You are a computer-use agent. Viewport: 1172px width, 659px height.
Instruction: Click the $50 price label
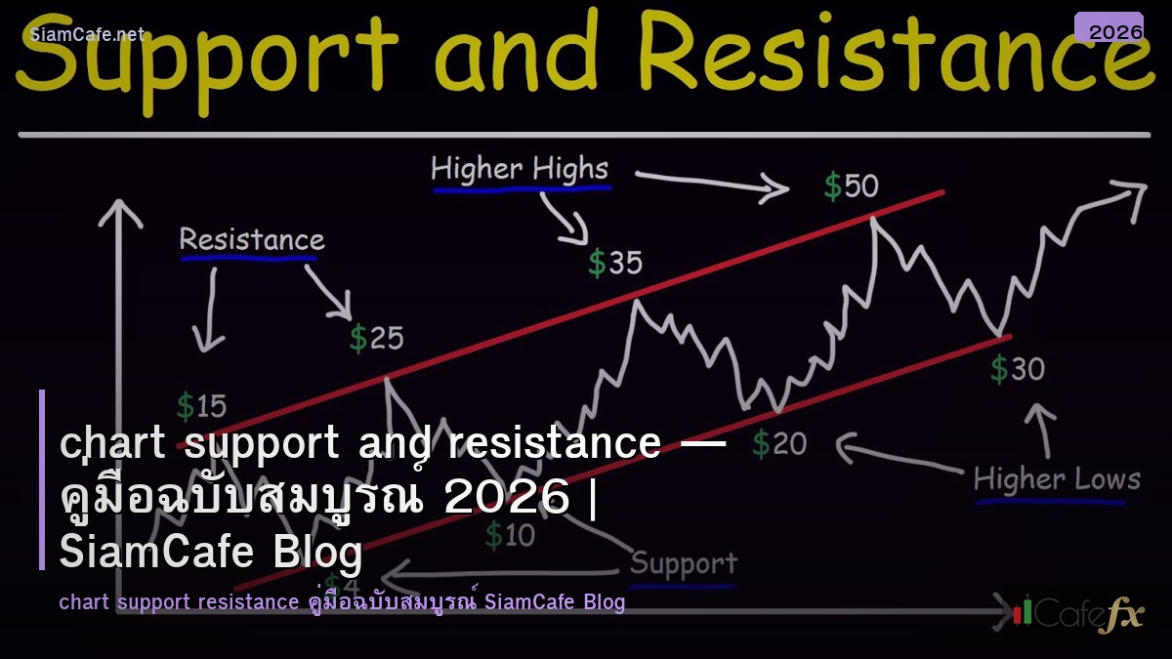point(851,185)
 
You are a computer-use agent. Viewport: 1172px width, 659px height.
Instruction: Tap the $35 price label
point(615,263)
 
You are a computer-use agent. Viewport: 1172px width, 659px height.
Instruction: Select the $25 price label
point(377,338)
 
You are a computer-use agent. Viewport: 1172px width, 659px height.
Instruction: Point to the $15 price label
point(201,405)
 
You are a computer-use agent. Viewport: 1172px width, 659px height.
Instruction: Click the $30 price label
point(1018,369)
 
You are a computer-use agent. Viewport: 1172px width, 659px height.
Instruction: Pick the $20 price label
point(780,444)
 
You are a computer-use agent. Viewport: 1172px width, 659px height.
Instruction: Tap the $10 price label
point(510,534)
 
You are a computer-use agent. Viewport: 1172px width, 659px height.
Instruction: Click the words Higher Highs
point(520,169)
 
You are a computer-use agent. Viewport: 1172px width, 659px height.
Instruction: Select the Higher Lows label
point(1057,479)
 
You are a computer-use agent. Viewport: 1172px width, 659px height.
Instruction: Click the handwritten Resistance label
point(251,239)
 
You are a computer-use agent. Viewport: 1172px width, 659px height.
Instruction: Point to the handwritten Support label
point(683,563)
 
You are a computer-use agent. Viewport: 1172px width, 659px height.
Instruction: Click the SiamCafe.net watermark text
point(87,34)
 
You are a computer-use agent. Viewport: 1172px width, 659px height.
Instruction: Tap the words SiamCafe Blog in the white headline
point(211,552)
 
